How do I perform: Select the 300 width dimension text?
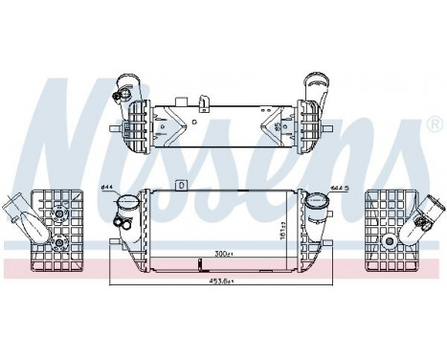click(x=224, y=255)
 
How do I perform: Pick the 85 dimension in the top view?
click(x=278, y=125)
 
